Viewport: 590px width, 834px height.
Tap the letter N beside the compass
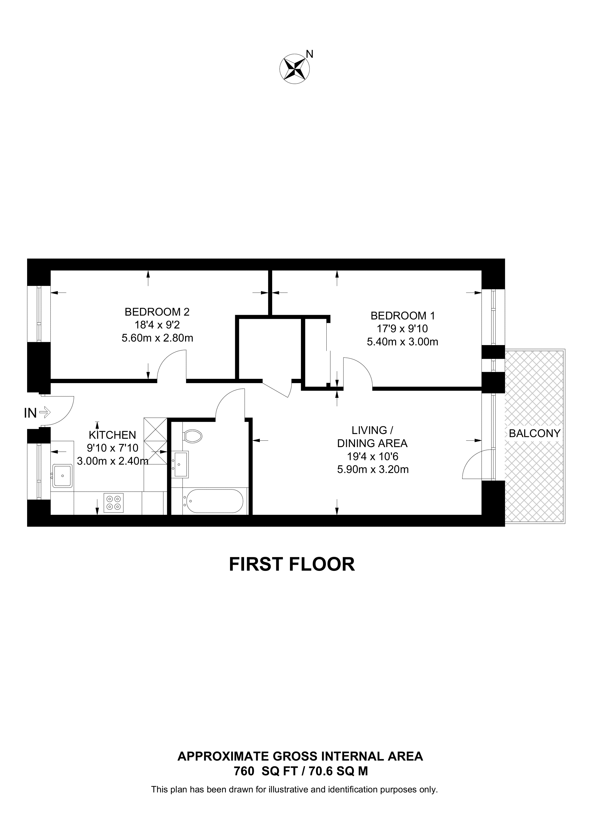coord(309,54)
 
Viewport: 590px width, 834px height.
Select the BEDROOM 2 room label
coord(157,312)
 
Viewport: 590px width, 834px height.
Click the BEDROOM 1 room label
coord(403,316)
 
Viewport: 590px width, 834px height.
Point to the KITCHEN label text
coord(112,435)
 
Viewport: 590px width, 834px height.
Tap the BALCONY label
coord(534,433)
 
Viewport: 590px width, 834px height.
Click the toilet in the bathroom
coord(193,436)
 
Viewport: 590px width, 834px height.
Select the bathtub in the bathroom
coord(214,501)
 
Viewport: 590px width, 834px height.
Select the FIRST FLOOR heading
coord(292,564)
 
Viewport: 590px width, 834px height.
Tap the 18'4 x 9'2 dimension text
coord(157,325)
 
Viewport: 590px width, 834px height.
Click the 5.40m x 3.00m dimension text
coord(403,342)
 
